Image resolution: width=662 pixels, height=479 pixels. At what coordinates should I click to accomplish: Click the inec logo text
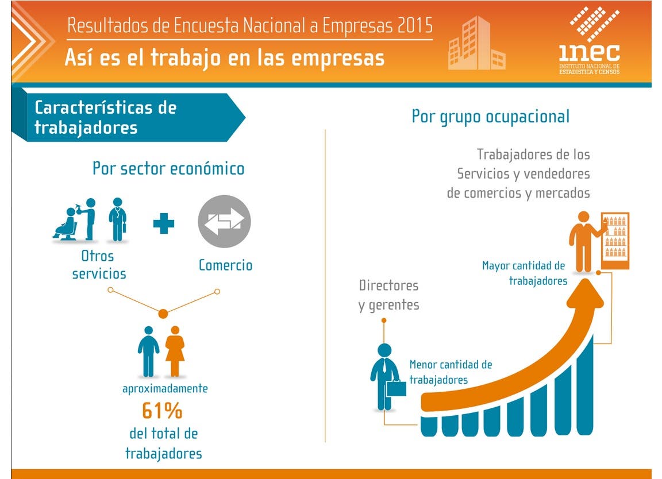coord(590,52)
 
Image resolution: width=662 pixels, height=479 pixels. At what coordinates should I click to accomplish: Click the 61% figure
coord(162,411)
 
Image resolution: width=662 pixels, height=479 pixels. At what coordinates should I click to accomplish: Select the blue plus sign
coord(164,223)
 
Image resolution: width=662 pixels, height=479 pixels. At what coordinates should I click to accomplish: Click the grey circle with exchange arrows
coord(224,221)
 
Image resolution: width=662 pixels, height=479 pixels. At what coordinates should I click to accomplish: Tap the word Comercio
coord(225,265)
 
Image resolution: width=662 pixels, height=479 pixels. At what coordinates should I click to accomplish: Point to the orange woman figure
coord(175,351)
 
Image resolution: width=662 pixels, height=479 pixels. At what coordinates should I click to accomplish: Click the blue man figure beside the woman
coord(149,351)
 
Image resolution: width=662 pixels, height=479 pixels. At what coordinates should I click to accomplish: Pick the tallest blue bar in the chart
coord(585,385)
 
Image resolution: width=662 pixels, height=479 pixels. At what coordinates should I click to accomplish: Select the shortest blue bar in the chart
coord(429,426)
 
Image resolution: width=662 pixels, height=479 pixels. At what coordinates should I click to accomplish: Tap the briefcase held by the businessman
coord(397,388)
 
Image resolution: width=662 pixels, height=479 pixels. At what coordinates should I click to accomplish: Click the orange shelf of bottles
coord(615,241)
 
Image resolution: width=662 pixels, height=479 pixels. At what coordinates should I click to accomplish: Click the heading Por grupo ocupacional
coord(491,117)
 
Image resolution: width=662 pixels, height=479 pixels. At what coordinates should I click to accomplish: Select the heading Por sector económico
coord(168,168)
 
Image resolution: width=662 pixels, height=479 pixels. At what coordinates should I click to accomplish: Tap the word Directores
coord(389,285)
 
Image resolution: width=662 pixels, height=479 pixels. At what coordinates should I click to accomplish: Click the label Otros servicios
coord(99,265)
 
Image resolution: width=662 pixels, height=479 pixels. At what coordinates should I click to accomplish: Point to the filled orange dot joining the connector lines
coord(163,314)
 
